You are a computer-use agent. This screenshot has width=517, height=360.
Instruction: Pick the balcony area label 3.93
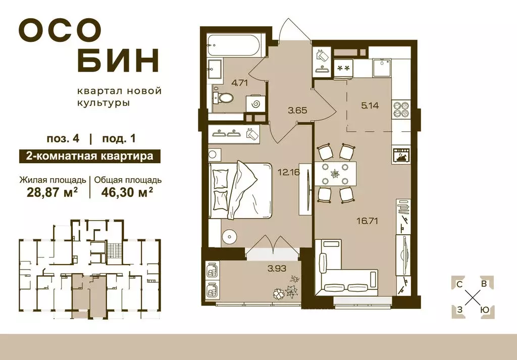[x=277, y=268]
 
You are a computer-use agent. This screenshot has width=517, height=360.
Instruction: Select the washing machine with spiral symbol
[x=255, y=104]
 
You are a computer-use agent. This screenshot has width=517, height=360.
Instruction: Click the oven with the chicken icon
[x=402, y=155]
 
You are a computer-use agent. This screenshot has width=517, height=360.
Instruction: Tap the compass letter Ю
[x=483, y=309]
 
